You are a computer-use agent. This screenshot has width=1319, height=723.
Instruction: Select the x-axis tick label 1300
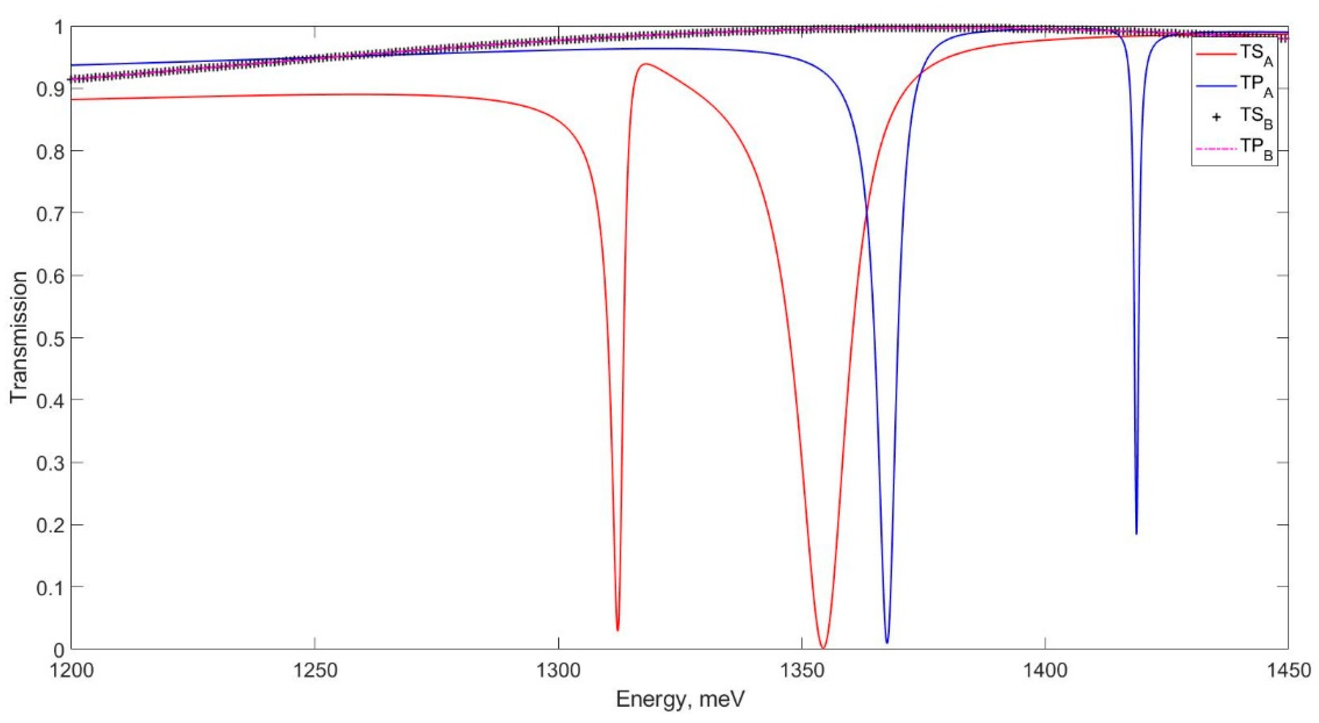(558, 670)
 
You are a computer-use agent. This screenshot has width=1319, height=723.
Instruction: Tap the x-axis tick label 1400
(1044, 670)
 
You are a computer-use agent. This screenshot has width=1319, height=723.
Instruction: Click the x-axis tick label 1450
(1287, 670)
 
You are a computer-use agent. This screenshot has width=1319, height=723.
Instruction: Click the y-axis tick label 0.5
(50, 338)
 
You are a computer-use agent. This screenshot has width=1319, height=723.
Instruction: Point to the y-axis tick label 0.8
(50, 151)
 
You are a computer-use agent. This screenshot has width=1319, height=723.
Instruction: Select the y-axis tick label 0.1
(50, 587)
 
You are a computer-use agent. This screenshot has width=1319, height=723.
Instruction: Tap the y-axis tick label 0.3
(50, 463)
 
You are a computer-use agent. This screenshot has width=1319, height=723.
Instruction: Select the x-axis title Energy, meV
(680, 700)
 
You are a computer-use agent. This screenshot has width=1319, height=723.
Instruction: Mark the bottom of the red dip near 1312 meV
(618, 629)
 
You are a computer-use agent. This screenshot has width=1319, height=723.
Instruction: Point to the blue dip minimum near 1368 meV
(887, 642)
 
